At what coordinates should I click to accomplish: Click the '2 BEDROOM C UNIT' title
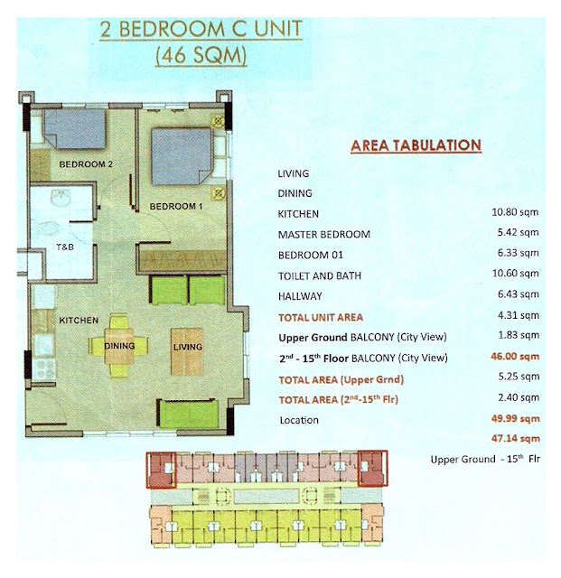point(201,29)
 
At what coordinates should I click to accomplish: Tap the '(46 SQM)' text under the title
point(201,56)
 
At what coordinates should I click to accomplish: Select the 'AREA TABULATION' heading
point(416,145)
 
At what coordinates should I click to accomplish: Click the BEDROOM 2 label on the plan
point(86,164)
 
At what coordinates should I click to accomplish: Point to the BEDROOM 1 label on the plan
point(176,207)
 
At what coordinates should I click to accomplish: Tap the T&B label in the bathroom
point(65,247)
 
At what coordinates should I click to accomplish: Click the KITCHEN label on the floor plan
point(79,320)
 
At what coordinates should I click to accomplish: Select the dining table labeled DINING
point(118,346)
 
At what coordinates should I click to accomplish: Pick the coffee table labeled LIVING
point(187,351)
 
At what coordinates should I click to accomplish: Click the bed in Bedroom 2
point(75,128)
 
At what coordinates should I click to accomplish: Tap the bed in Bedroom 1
point(182,156)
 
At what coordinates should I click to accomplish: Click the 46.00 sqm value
point(515,357)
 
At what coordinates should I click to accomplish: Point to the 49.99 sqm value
point(515,419)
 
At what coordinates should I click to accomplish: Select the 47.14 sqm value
point(515,439)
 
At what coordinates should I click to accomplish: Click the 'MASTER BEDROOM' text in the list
point(324,235)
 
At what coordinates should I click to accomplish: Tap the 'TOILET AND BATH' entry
point(320,275)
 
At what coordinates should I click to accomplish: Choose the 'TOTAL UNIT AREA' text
point(321,317)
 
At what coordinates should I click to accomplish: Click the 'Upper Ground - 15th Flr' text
point(485,459)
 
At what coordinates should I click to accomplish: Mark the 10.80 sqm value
point(515,212)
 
